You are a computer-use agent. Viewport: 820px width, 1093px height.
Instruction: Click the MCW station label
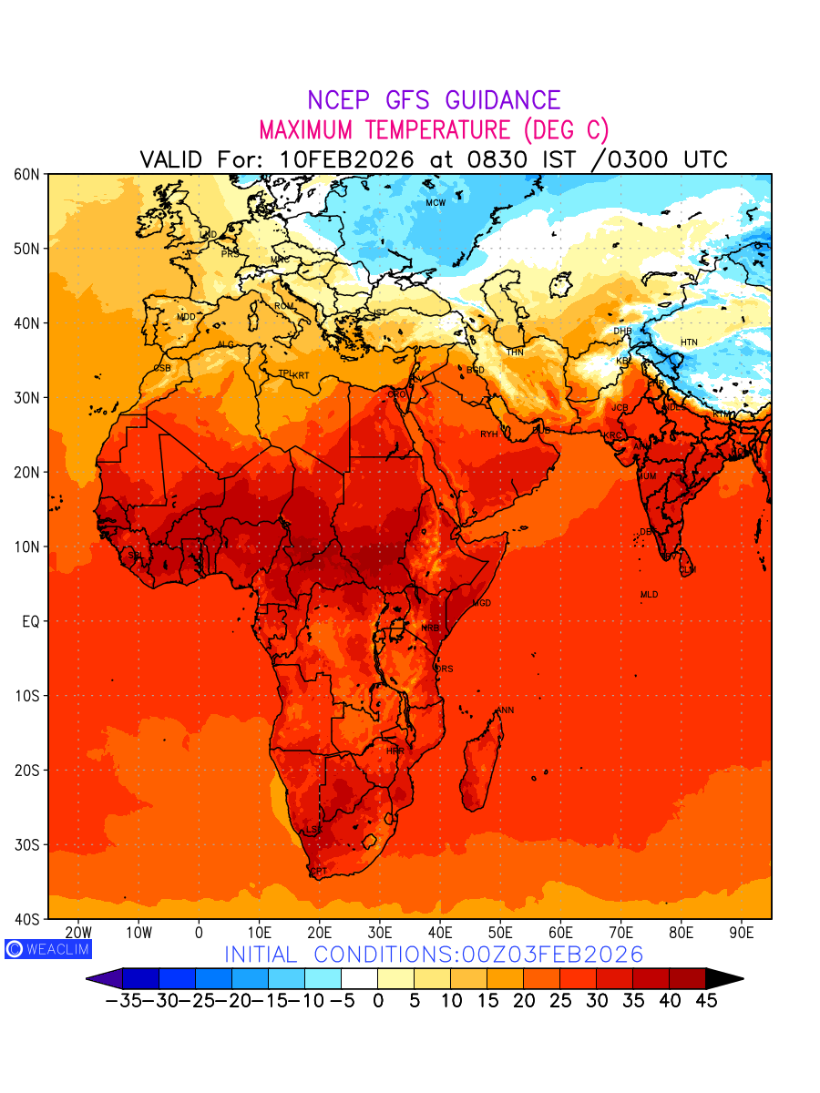tap(436, 203)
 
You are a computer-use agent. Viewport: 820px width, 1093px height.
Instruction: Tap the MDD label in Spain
tap(186, 317)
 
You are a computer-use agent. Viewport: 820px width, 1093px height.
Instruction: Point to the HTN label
tap(689, 342)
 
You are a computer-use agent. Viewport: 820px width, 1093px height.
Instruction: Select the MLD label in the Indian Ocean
tap(649, 595)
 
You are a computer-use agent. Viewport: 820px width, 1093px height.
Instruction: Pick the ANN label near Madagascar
tap(505, 710)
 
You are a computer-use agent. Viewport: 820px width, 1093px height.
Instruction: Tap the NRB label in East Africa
tap(430, 628)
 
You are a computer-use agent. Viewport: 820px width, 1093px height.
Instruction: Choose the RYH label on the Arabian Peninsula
tap(489, 434)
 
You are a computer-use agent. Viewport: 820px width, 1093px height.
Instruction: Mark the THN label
tap(515, 352)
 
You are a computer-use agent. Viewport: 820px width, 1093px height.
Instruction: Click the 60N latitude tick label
tap(26, 173)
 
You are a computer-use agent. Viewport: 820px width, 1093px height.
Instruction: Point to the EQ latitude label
tap(29, 621)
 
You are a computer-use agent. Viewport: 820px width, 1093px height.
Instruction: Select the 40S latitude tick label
tap(26, 918)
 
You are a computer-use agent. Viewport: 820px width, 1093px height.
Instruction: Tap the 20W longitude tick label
tap(78, 934)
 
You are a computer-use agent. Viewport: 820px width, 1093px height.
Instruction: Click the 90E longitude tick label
tap(742, 934)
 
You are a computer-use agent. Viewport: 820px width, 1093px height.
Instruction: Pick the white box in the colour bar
tap(359, 979)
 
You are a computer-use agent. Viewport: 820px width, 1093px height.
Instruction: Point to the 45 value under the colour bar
tap(706, 1001)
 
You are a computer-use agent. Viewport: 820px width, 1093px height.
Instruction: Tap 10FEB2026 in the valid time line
tap(346, 159)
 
